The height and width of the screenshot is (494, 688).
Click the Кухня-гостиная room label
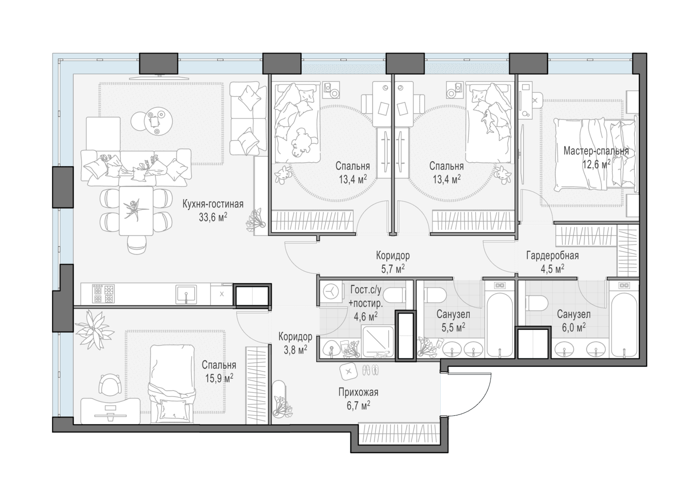(x=213, y=204)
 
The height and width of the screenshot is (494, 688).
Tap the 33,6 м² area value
(x=213, y=217)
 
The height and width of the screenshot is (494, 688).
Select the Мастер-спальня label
(x=596, y=151)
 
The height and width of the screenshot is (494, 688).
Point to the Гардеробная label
(x=552, y=256)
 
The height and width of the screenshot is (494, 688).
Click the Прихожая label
(x=358, y=392)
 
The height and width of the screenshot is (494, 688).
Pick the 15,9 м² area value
(x=219, y=378)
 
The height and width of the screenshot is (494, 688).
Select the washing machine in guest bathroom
(x=331, y=291)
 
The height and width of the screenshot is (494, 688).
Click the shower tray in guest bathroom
(x=378, y=342)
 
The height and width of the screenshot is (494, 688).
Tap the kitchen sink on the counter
(x=186, y=294)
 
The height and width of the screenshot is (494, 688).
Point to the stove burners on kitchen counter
(x=104, y=293)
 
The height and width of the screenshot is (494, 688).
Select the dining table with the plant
(x=136, y=211)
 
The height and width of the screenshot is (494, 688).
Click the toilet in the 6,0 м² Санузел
(x=537, y=303)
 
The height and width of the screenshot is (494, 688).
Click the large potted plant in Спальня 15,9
(x=94, y=330)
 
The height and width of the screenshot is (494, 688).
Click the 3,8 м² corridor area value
(x=295, y=350)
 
